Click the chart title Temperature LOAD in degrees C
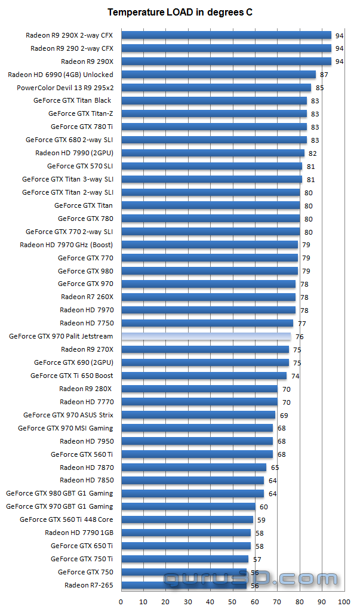tap(180, 12)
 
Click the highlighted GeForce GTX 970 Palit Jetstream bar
tap(206, 337)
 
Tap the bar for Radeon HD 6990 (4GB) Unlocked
tap(218, 75)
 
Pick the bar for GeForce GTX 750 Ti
tap(184, 559)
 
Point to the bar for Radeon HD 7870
tap(193, 468)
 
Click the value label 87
tap(324, 75)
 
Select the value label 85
tap(319, 88)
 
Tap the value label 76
tap(300, 337)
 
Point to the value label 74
tap(295, 376)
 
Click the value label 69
tap(284, 416)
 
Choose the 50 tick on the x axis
tap(233, 602)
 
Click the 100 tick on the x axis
tap(344, 602)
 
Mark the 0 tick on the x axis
tap(121, 602)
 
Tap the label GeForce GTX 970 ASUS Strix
tap(68, 415)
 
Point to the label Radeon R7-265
tap(88, 585)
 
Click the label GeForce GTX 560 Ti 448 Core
tap(66, 519)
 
